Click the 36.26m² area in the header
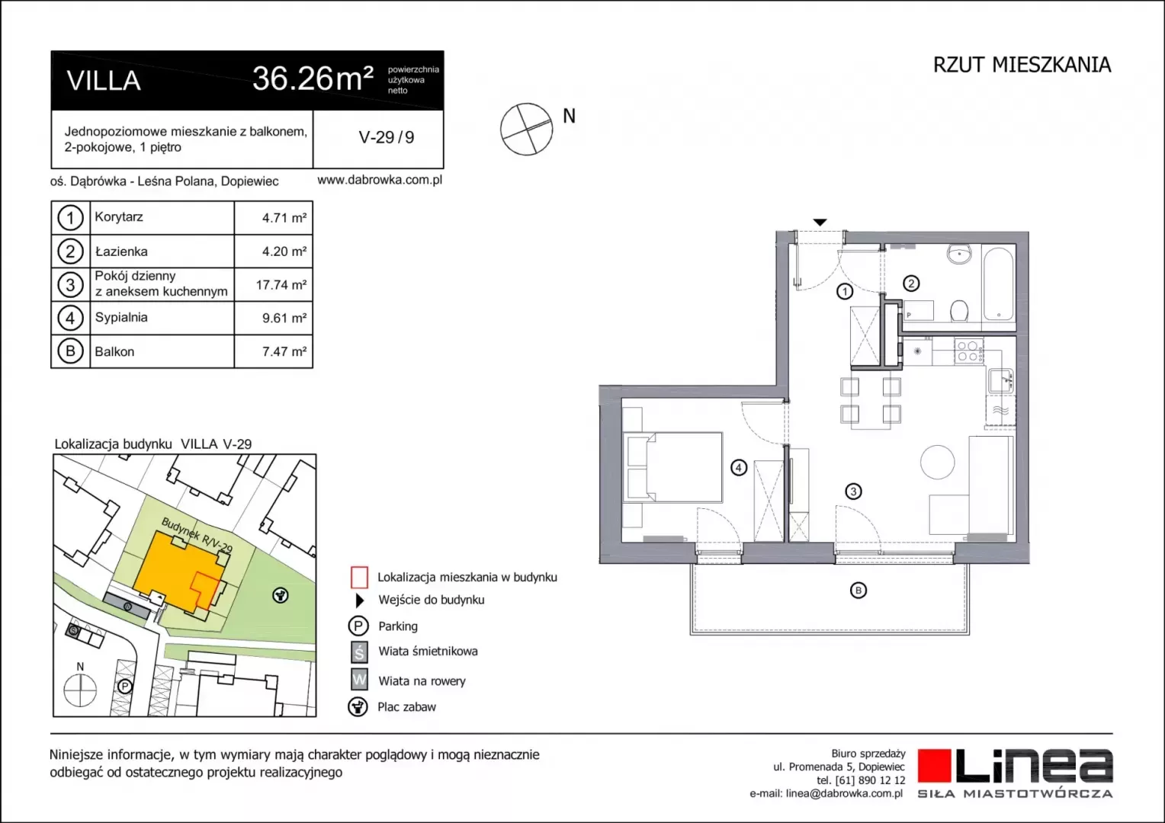pos(313,78)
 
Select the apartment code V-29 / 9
pos(387,137)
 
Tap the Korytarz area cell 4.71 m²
pos(284,218)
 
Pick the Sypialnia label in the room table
pos(121,317)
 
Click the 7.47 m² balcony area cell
pos(284,351)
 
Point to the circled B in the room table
pos(70,351)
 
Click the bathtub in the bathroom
pos(998,284)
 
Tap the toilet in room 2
pos(958,311)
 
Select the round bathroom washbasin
pos(958,255)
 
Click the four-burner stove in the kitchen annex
pos(969,351)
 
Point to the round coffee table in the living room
pos(937,462)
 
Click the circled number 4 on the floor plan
pos(739,467)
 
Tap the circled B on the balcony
pos(859,590)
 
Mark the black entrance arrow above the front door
pos(820,223)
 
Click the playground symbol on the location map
pos(281,595)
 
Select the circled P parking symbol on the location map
pos(124,687)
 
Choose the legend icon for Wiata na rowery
pos(359,680)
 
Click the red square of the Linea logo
pos(934,766)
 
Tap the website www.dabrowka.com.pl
pos(380,180)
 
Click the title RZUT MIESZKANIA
pos(1022,65)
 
